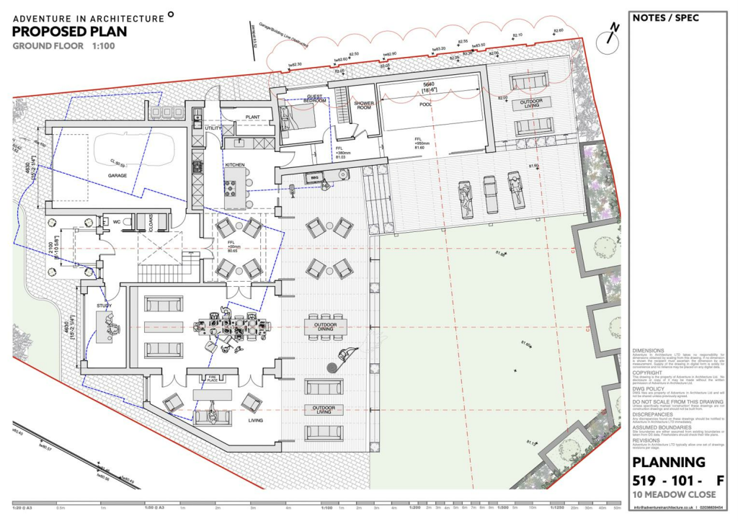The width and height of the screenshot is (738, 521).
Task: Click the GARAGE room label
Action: pyautogui.click(x=117, y=175)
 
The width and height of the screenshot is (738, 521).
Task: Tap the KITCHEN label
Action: pyautogui.click(x=235, y=165)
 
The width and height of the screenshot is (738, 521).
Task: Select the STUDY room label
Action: pyautogui.click(x=105, y=306)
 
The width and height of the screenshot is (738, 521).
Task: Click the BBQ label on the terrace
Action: pyautogui.click(x=313, y=177)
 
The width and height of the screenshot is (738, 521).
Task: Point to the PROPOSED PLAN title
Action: pyautogui.click(x=69, y=31)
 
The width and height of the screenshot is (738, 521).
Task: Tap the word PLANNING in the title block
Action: pyautogui.click(x=668, y=462)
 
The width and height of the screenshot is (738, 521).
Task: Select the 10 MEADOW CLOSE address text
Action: pyautogui.click(x=674, y=494)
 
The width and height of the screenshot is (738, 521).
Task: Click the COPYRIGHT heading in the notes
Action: pyautogui.click(x=646, y=373)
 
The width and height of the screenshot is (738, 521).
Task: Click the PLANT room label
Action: pyautogui.click(x=252, y=116)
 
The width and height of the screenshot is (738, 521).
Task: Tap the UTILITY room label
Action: pyautogui.click(x=213, y=128)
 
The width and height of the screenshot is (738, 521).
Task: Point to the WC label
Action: pyautogui.click(x=116, y=222)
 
